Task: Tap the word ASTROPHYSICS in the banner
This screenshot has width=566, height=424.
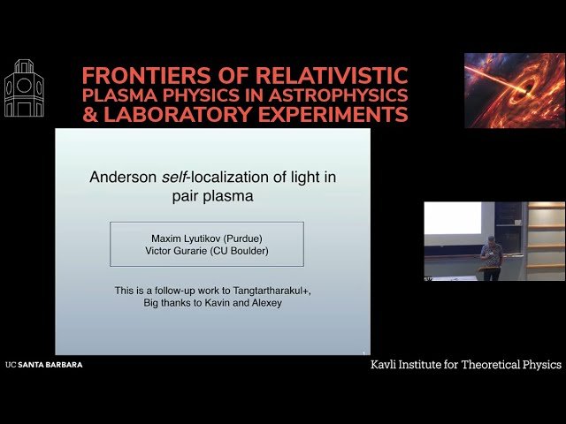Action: pyautogui.click(x=346, y=95)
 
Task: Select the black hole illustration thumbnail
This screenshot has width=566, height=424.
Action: pyautogui.click(x=514, y=90)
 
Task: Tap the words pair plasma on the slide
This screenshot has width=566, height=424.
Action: pyautogui.click(x=212, y=196)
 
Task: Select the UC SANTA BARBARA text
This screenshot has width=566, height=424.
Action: pyautogui.click(x=43, y=364)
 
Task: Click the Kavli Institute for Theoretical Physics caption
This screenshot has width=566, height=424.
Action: pyautogui.click(x=465, y=365)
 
